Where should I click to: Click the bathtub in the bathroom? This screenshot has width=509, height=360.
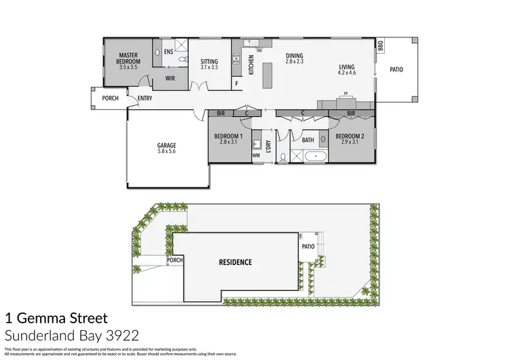(316, 157)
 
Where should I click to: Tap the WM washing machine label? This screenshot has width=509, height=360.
(256, 156)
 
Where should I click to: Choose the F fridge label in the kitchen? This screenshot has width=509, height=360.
(236, 84)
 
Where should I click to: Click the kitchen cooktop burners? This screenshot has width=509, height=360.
(236, 60)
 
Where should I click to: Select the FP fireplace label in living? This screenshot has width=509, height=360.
(345, 94)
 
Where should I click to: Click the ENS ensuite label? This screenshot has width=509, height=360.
(168, 50)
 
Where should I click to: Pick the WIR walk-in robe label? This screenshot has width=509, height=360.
(171, 78)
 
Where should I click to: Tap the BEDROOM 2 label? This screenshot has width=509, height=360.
(351, 136)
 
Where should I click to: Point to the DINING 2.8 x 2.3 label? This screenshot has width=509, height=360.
(294, 59)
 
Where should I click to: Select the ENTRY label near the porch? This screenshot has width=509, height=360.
(145, 98)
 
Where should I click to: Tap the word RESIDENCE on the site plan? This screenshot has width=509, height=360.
(235, 262)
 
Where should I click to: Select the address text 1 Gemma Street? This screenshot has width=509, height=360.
(56, 317)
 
